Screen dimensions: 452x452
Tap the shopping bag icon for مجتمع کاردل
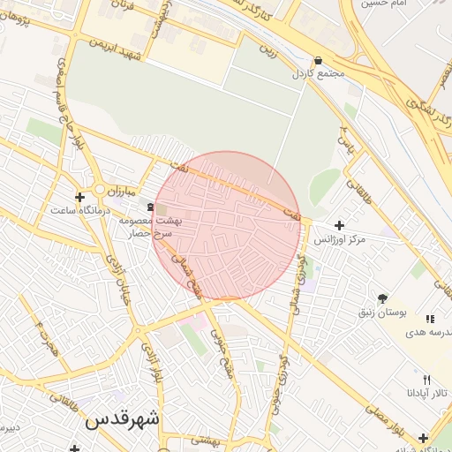[x=318, y=61]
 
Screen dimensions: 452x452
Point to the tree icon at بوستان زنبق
[x=382, y=298]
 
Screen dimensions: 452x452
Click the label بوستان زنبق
[x=382, y=313]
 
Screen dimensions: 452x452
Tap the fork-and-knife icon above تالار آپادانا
[x=426, y=379]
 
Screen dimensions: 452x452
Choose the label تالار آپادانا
[x=427, y=392]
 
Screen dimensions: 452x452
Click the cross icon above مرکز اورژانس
[x=340, y=226]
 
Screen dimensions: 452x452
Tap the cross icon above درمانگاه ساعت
[x=80, y=197]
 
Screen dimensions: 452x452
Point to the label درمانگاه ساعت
[x=80, y=211]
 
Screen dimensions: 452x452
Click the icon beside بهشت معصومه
[x=149, y=207]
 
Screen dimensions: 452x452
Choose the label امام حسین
[x=384, y=4]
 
